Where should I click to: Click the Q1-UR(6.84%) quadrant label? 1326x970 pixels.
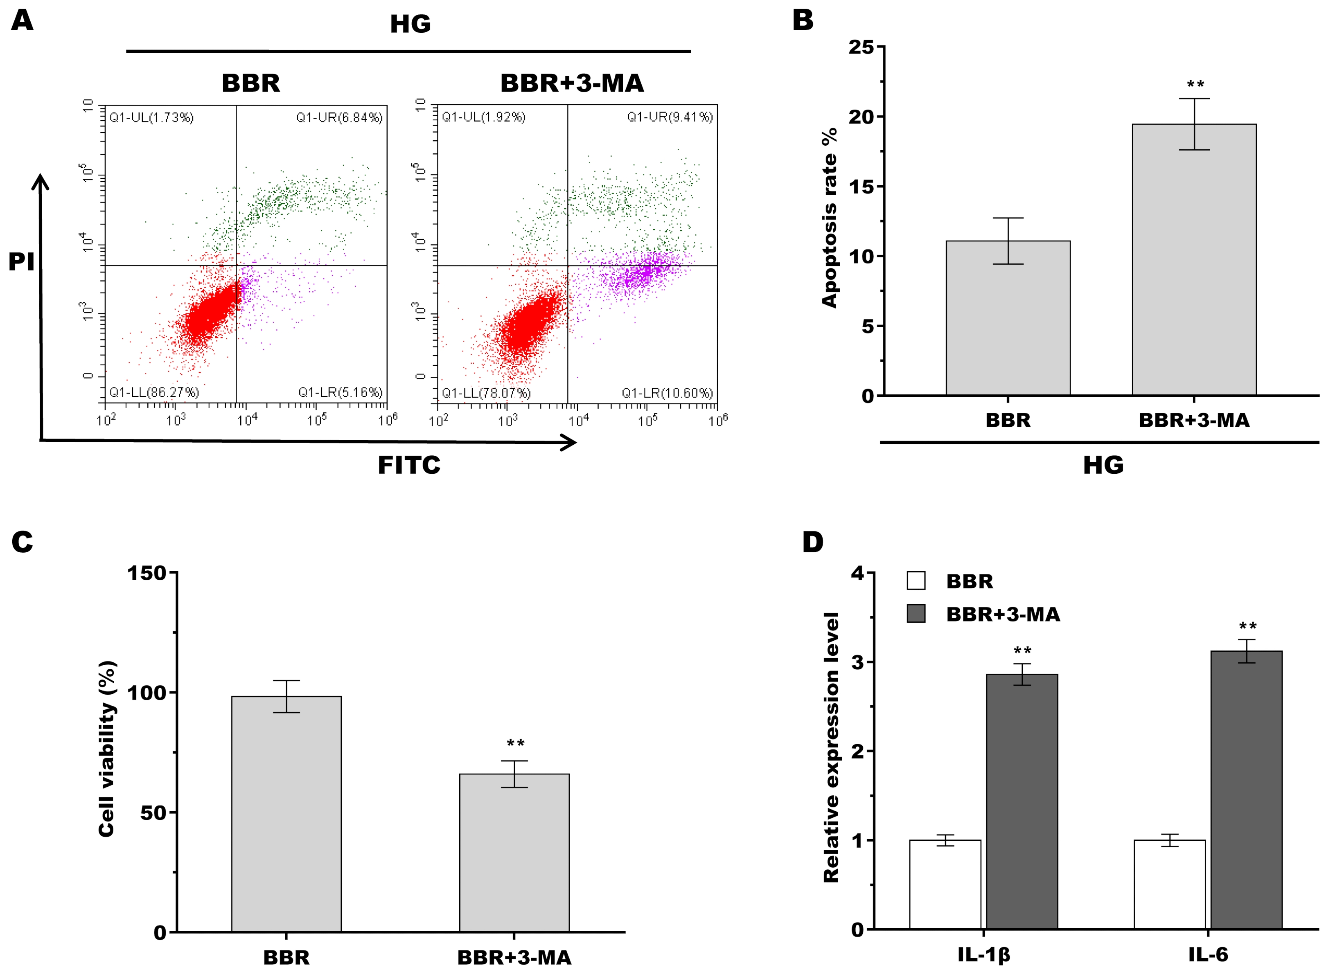(339, 118)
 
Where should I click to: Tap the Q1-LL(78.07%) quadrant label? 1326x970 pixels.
(486, 393)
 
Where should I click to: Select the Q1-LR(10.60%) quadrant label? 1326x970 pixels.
(667, 393)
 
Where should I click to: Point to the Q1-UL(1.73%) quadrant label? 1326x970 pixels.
(151, 118)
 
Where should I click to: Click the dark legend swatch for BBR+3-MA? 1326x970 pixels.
(916, 614)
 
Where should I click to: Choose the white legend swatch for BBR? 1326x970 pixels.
(916, 581)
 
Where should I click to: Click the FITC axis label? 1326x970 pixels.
(409, 465)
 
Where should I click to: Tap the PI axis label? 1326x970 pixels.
(21, 262)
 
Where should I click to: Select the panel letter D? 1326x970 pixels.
(813, 542)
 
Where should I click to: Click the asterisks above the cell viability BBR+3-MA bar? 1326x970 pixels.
(515, 743)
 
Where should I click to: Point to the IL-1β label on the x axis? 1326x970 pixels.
(983, 955)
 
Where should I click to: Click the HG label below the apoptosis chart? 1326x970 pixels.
(1103, 465)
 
